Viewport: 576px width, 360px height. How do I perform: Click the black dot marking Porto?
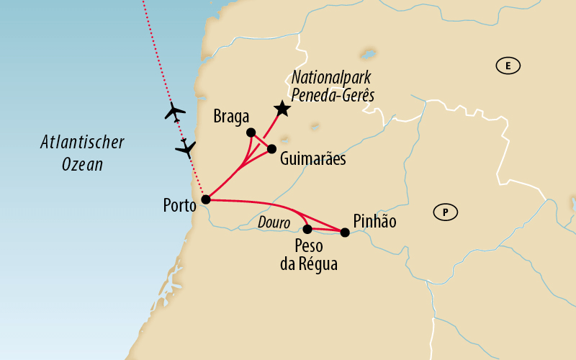click(x=205, y=199)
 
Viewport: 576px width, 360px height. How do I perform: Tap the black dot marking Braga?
click(x=251, y=132)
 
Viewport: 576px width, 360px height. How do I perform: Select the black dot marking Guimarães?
click(x=271, y=149)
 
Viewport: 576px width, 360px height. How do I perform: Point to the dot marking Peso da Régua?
click(x=307, y=230)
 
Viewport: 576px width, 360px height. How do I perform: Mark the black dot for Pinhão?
click(x=345, y=232)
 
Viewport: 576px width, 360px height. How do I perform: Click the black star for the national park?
click(x=282, y=109)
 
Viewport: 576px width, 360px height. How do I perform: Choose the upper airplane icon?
click(x=174, y=112)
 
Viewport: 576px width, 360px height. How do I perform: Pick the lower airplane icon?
click(x=186, y=148)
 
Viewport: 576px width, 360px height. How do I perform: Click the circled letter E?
click(x=508, y=66)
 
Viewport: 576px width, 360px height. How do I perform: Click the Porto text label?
click(x=179, y=206)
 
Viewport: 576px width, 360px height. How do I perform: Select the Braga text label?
click(x=231, y=117)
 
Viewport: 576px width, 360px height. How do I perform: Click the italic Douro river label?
click(x=274, y=224)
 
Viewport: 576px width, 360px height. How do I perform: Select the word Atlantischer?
click(x=81, y=143)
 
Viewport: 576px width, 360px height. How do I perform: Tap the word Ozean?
click(x=81, y=164)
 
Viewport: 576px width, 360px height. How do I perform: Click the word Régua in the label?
click(x=318, y=264)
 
